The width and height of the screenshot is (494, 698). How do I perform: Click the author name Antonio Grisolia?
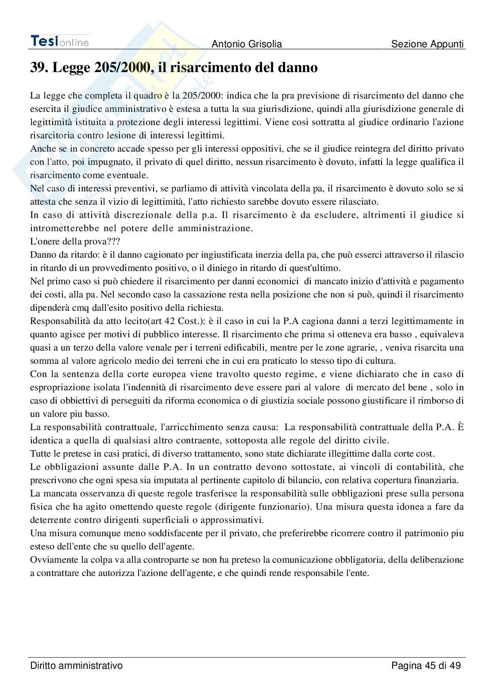(247, 44)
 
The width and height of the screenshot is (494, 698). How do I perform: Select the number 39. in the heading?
(39, 68)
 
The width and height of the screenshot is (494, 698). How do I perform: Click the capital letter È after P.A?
(460, 427)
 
